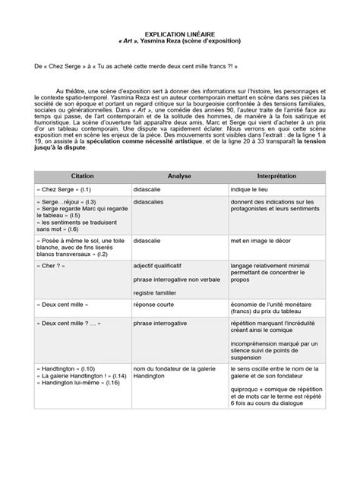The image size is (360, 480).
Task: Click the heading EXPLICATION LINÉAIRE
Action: click(180, 34)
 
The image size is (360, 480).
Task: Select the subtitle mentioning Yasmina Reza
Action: click(180, 42)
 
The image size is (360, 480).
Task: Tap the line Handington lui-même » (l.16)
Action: click(71, 404)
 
